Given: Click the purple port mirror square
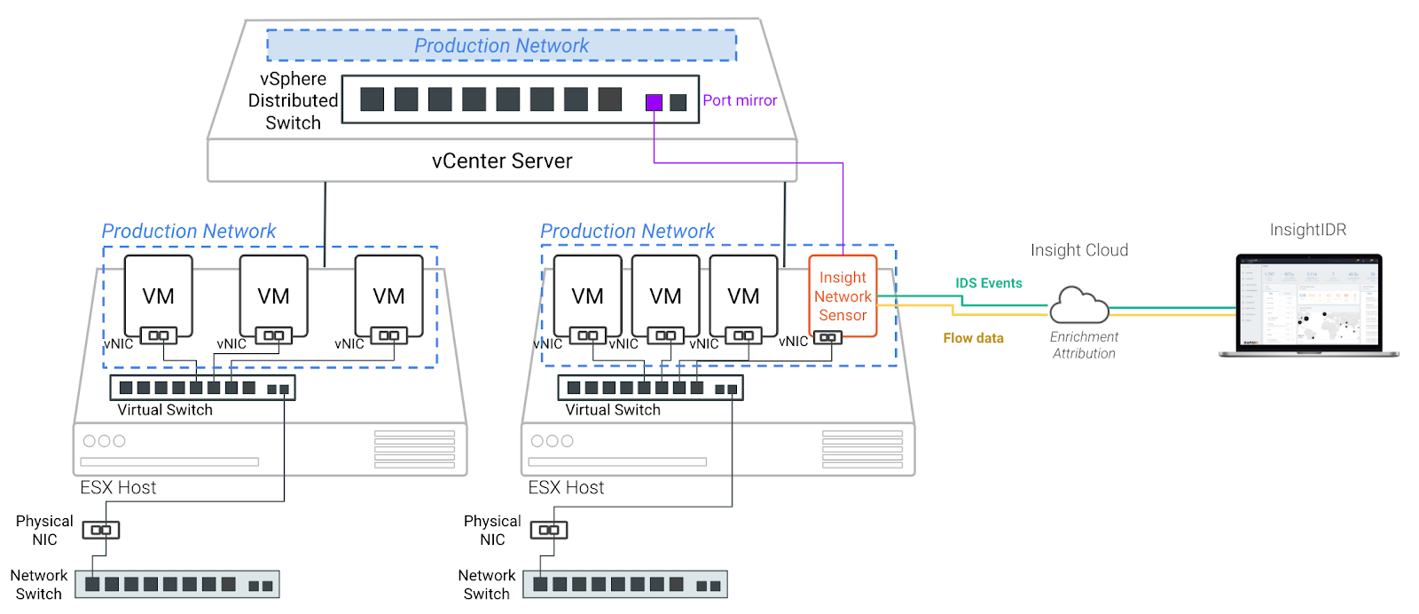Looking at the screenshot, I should (654, 102).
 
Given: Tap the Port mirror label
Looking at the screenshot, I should (740, 101).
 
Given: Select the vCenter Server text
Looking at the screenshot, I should (502, 161).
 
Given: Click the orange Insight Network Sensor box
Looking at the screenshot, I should (843, 295).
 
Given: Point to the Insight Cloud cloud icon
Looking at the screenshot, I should (1078, 305).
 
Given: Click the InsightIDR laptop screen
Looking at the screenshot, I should (1309, 302).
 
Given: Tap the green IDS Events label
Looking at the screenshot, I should (988, 283).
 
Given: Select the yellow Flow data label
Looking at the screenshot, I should (973, 338).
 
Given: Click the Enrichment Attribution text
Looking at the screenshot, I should (1084, 345).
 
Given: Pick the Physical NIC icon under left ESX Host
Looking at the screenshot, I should (101, 530).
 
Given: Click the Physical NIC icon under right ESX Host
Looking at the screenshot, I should (549, 530).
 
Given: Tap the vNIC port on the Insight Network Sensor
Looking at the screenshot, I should (827, 337).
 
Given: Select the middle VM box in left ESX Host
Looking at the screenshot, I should (273, 295).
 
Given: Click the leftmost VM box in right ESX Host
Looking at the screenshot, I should (587, 295).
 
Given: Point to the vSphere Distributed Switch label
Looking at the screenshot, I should (293, 101).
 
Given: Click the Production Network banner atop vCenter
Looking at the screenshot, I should (502, 46).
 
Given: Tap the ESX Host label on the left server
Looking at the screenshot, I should (118, 488).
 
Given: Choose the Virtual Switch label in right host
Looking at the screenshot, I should (613, 410).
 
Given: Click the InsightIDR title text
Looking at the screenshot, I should (1307, 231).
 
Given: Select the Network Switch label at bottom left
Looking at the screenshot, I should (39, 585).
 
